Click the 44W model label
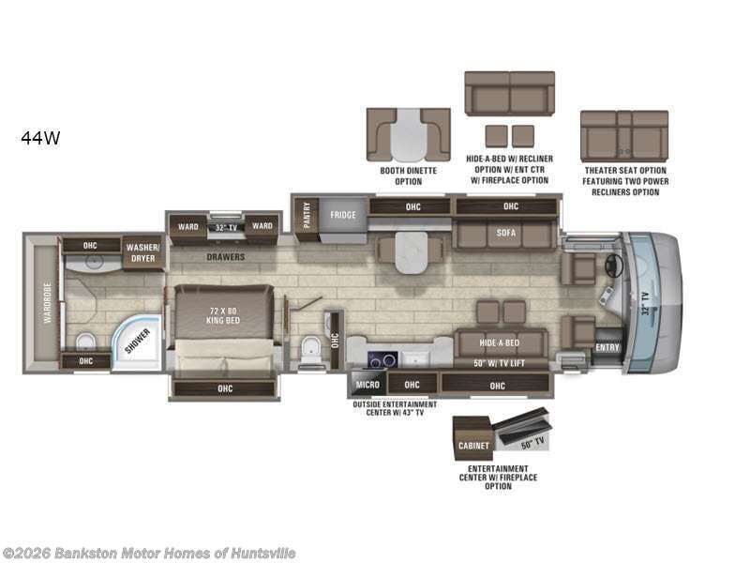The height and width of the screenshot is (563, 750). pos(40,138)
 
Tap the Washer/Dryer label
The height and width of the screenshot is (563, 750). pos(143,251)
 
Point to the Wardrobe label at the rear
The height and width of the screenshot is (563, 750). pos(46,303)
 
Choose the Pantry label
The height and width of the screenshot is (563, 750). pos(306,217)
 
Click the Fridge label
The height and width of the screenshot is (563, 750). pos(342,215)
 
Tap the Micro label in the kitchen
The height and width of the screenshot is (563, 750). pos(366,384)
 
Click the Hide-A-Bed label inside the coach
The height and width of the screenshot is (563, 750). pos(500,343)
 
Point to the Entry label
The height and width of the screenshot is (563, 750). pos(607,348)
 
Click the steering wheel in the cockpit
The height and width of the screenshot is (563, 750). pos(615,266)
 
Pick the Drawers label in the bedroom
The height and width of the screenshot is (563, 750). pos(226,256)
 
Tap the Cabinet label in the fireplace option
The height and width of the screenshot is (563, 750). pos(474,446)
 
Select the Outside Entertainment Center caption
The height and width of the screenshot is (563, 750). pos(387,408)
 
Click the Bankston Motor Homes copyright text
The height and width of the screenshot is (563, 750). pos(149,553)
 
